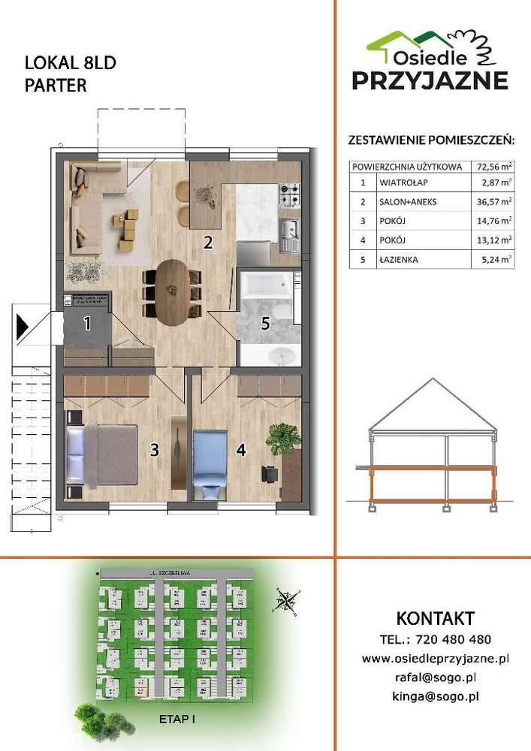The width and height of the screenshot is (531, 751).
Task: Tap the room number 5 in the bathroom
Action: tap(264, 324)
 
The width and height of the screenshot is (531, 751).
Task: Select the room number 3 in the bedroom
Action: tap(154, 450)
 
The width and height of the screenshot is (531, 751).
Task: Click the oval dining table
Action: tap(173, 291)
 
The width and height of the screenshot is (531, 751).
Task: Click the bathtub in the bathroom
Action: tap(266, 286)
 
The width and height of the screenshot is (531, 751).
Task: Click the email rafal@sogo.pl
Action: tap(436, 677)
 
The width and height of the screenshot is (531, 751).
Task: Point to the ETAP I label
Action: tap(177, 719)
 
